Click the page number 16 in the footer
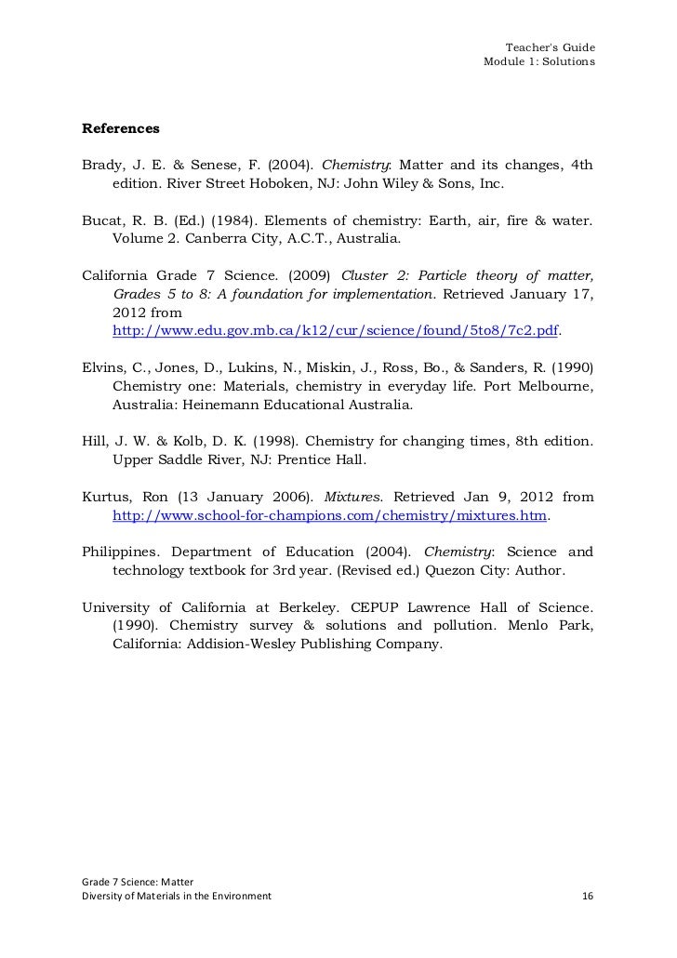click(587, 896)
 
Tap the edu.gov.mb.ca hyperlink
click(336, 331)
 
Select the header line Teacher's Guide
click(550, 47)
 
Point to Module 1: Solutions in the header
click(539, 62)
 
